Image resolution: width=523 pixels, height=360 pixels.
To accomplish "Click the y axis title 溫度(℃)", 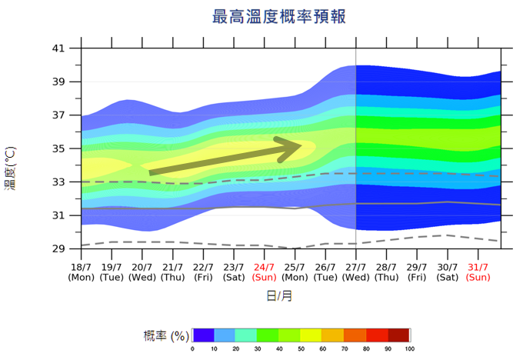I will tap(11, 168).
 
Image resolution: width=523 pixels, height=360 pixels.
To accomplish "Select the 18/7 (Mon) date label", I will tap(82, 271).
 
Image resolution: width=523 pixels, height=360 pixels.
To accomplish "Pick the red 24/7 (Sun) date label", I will tap(265, 271).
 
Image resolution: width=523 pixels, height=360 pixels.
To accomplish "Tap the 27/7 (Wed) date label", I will tap(356, 271).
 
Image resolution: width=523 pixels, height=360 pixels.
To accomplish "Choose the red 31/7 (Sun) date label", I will tap(478, 271).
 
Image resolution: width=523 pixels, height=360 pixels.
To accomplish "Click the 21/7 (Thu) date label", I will tap(173, 271).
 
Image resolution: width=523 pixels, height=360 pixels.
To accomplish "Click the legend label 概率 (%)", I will tap(166, 335).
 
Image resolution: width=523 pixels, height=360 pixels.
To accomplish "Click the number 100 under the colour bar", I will tap(409, 349).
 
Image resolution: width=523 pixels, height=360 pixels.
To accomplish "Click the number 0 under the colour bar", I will tap(193, 349).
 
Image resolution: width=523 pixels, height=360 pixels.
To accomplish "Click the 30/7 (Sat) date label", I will tap(448, 271).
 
